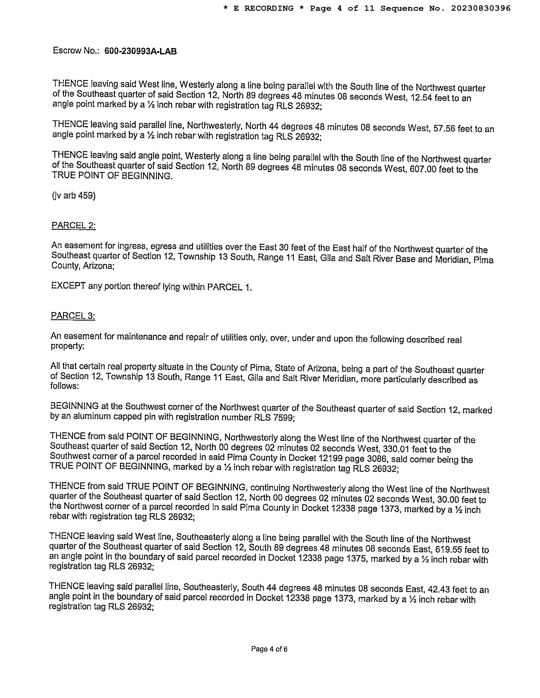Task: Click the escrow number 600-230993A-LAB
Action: [140, 51]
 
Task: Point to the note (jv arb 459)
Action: [74, 195]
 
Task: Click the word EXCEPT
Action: [68, 285]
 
